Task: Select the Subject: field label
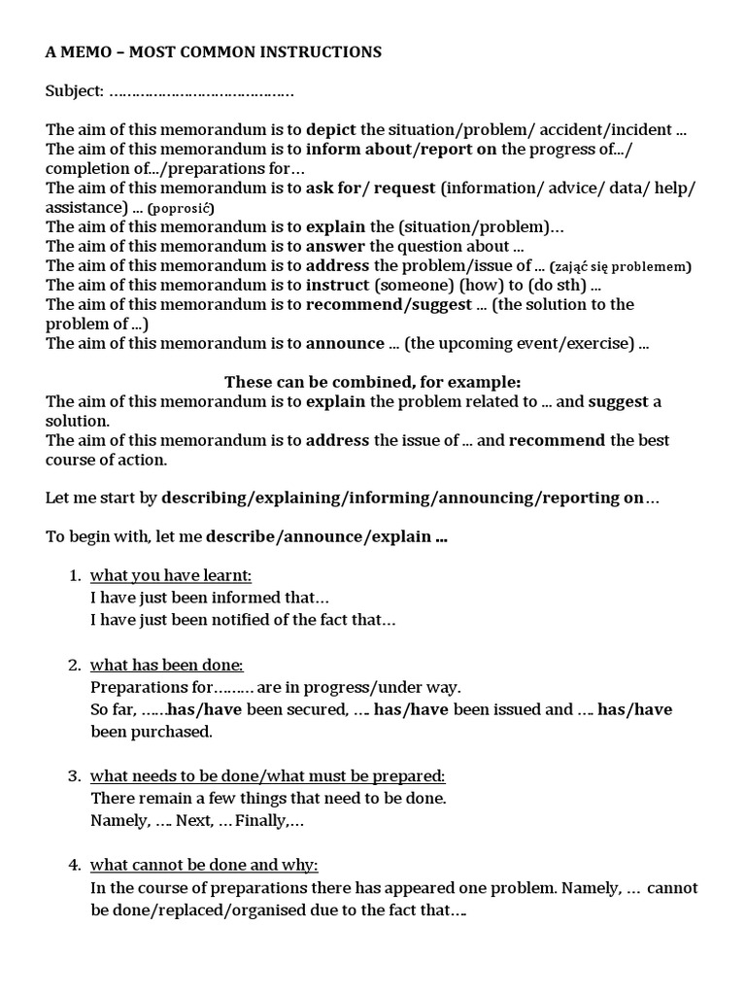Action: click(x=75, y=91)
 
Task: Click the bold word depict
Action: click(x=331, y=130)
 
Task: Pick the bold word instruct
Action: click(x=338, y=286)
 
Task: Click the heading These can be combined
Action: click(x=373, y=382)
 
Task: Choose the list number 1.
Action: click(x=75, y=575)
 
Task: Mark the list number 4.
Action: click(x=75, y=865)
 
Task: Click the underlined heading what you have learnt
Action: click(x=171, y=575)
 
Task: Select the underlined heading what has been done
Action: click(x=166, y=666)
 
